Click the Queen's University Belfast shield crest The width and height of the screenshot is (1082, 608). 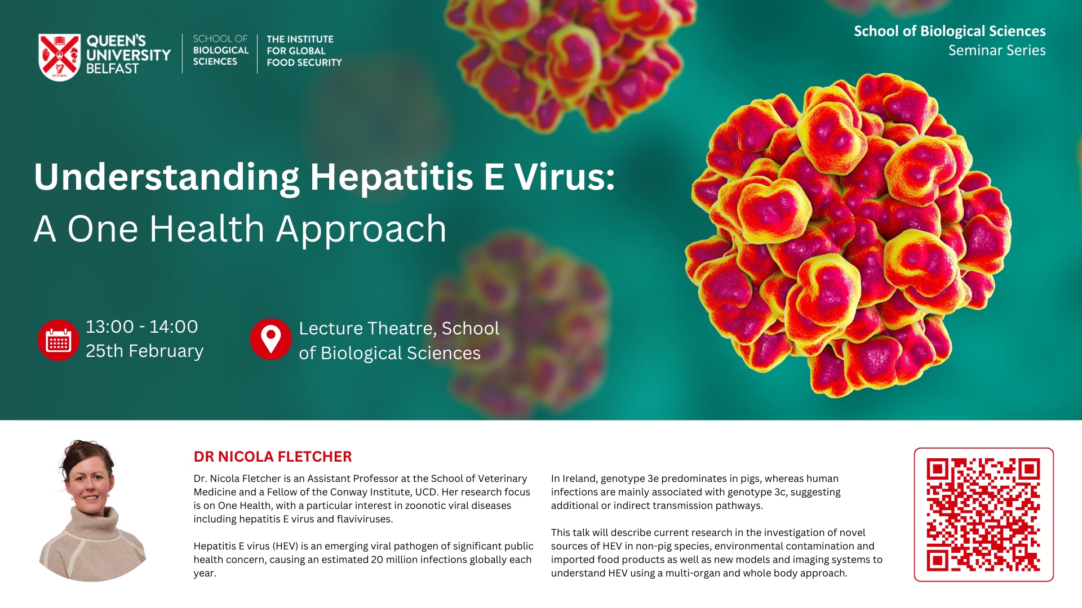point(59,57)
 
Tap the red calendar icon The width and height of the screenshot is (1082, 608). point(58,340)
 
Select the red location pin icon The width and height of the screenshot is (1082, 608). point(270,339)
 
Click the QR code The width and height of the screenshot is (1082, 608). point(983,515)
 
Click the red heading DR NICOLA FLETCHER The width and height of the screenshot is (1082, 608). point(273,457)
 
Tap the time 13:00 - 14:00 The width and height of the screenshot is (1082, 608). point(142,327)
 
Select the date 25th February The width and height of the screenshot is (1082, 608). point(145,351)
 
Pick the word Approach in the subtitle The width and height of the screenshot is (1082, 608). point(361,230)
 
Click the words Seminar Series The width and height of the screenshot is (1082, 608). point(997,50)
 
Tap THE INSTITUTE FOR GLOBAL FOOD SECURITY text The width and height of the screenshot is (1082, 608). point(304,51)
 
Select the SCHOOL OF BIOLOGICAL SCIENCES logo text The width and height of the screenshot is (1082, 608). point(220,50)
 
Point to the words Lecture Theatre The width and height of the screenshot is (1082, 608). point(367,328)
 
